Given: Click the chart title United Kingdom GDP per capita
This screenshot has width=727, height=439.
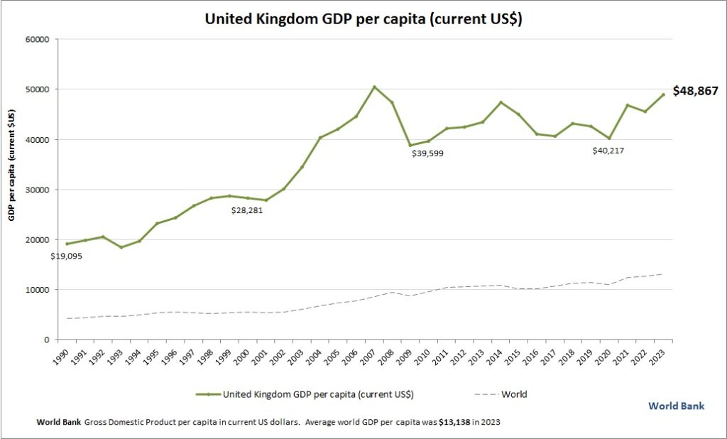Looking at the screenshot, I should click(x=363, y=19).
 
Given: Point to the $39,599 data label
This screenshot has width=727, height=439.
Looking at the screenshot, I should click(x=432, y=153).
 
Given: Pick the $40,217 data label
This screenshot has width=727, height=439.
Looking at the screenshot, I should click(x=613, y=151).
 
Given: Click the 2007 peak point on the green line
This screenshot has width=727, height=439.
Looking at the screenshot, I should click(x=375, y=87).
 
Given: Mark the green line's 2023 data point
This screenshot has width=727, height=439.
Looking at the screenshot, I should click(x=663, y=94).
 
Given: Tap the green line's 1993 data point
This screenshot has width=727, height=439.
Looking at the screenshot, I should click(x=121, y=247).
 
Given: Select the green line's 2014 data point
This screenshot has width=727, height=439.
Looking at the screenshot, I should click(x=501, y=102).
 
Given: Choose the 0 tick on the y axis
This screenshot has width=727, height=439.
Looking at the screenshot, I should click(x=45, y=340).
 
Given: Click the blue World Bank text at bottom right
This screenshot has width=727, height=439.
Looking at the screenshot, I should click(x=676, y=406).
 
